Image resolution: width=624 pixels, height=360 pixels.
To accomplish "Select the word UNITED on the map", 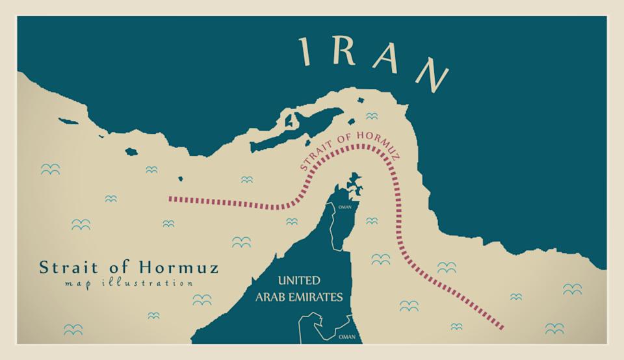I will (299, 281).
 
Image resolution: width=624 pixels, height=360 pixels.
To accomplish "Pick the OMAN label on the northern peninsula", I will (344, 207).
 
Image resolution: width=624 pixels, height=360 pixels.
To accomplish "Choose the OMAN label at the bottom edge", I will (347, 337).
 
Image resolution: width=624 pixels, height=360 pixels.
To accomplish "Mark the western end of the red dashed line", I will (170, 198).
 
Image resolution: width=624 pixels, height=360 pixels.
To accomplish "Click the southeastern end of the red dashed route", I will (502, 326).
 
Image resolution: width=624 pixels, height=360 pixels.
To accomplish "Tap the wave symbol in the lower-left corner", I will (73, 329).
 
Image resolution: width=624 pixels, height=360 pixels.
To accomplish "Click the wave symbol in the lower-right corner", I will (554, 328).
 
